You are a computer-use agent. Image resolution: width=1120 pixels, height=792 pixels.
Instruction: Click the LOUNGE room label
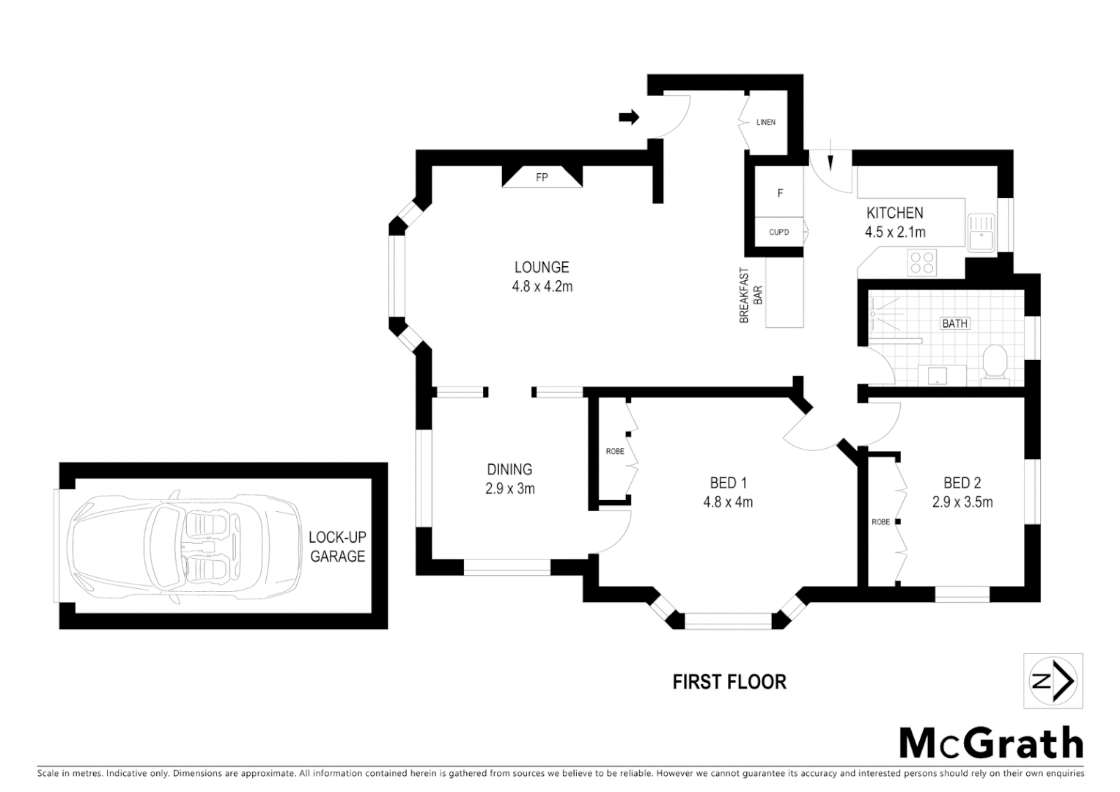[x=541, y=267]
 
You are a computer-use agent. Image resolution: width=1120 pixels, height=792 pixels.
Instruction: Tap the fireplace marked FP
[x=542, y=177]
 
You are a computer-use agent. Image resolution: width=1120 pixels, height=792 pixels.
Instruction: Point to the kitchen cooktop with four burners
[x=922, y=263]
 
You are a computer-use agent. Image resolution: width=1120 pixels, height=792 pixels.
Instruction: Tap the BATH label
[x=954, y=323]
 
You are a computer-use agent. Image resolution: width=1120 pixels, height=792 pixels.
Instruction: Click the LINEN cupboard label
[x=765, y=122]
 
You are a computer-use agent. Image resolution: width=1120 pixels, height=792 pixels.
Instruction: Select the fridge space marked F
[x=780, y=194]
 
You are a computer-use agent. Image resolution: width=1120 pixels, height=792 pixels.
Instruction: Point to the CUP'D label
[x=778, y=232]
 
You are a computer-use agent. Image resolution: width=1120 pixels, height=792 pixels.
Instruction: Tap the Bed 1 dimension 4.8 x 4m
[x=728, y=502]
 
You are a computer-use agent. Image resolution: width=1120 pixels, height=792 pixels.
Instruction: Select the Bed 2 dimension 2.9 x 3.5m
[x=962, y=502]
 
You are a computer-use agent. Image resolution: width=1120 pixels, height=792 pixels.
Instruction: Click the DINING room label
[x=509, y=469]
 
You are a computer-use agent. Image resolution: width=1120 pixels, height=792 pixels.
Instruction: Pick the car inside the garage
[x=183, y=546]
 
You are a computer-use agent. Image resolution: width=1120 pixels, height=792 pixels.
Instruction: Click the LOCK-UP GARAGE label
[x=337, y=547]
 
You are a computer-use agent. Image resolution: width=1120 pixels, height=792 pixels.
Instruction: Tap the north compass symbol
[x=1053, y=681]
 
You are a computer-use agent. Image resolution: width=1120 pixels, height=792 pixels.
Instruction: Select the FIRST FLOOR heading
[x=729, y=682]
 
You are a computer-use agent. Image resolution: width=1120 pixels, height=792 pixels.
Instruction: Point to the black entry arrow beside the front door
[x=629, y=117]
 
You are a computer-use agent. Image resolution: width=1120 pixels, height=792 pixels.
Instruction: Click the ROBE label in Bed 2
[x=880, y=522]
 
